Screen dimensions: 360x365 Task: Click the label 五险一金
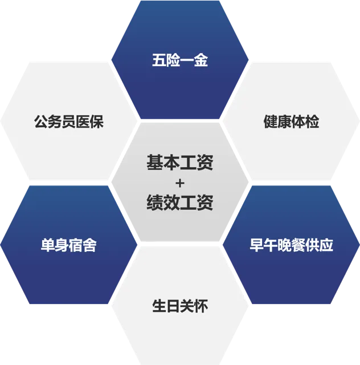(180, 60)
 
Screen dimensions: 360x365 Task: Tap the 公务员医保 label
(68, 121)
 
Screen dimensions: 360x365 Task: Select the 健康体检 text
(291, 121)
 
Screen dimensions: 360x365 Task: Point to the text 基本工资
(180, 163)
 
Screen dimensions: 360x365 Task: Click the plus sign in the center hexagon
(180, 183)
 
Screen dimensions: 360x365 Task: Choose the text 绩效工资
(180, 202)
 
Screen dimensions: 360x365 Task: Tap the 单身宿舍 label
(68, 246)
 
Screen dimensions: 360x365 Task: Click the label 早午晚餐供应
(291, 246)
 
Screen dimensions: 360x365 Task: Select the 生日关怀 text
(180, 306)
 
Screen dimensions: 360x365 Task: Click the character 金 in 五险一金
(201, 60)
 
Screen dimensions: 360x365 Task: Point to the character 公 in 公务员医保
(40, 121)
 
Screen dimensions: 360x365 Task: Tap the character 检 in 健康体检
(312, 121)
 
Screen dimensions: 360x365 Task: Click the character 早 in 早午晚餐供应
(256, 246)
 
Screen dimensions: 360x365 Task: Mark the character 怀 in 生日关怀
(201, 306)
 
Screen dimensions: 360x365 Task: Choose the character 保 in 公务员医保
(96, 121)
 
